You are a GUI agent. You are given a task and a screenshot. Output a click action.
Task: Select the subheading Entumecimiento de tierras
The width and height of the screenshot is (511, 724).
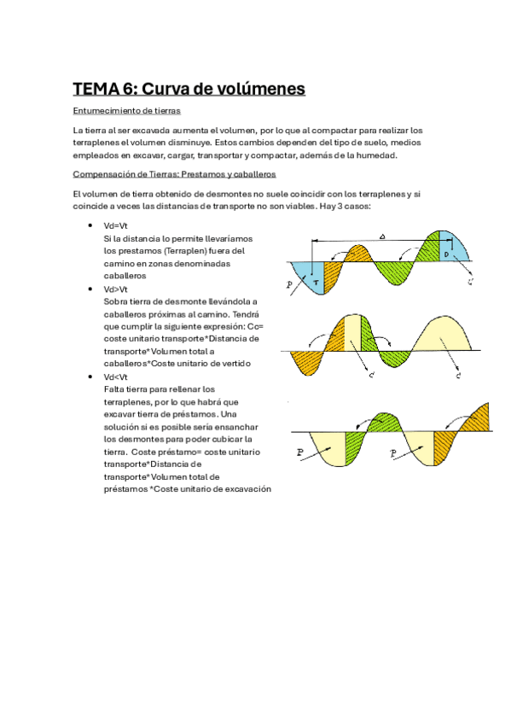(x=126, y=111)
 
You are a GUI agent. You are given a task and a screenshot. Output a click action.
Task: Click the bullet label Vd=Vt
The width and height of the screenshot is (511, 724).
(x=114, y=225)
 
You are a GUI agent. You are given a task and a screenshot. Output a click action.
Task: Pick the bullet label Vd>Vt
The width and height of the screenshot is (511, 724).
(x=114, y=289)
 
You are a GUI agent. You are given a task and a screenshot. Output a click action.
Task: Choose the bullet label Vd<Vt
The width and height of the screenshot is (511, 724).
(x=114, y=377)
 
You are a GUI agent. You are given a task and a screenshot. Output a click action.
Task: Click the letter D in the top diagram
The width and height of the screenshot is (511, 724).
(x=446, y=254)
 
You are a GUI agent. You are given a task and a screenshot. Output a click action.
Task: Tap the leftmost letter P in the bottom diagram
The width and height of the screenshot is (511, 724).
(x=299, y=453)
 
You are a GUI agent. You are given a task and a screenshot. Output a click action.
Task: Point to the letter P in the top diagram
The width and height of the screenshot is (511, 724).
(x=290, y=284)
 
